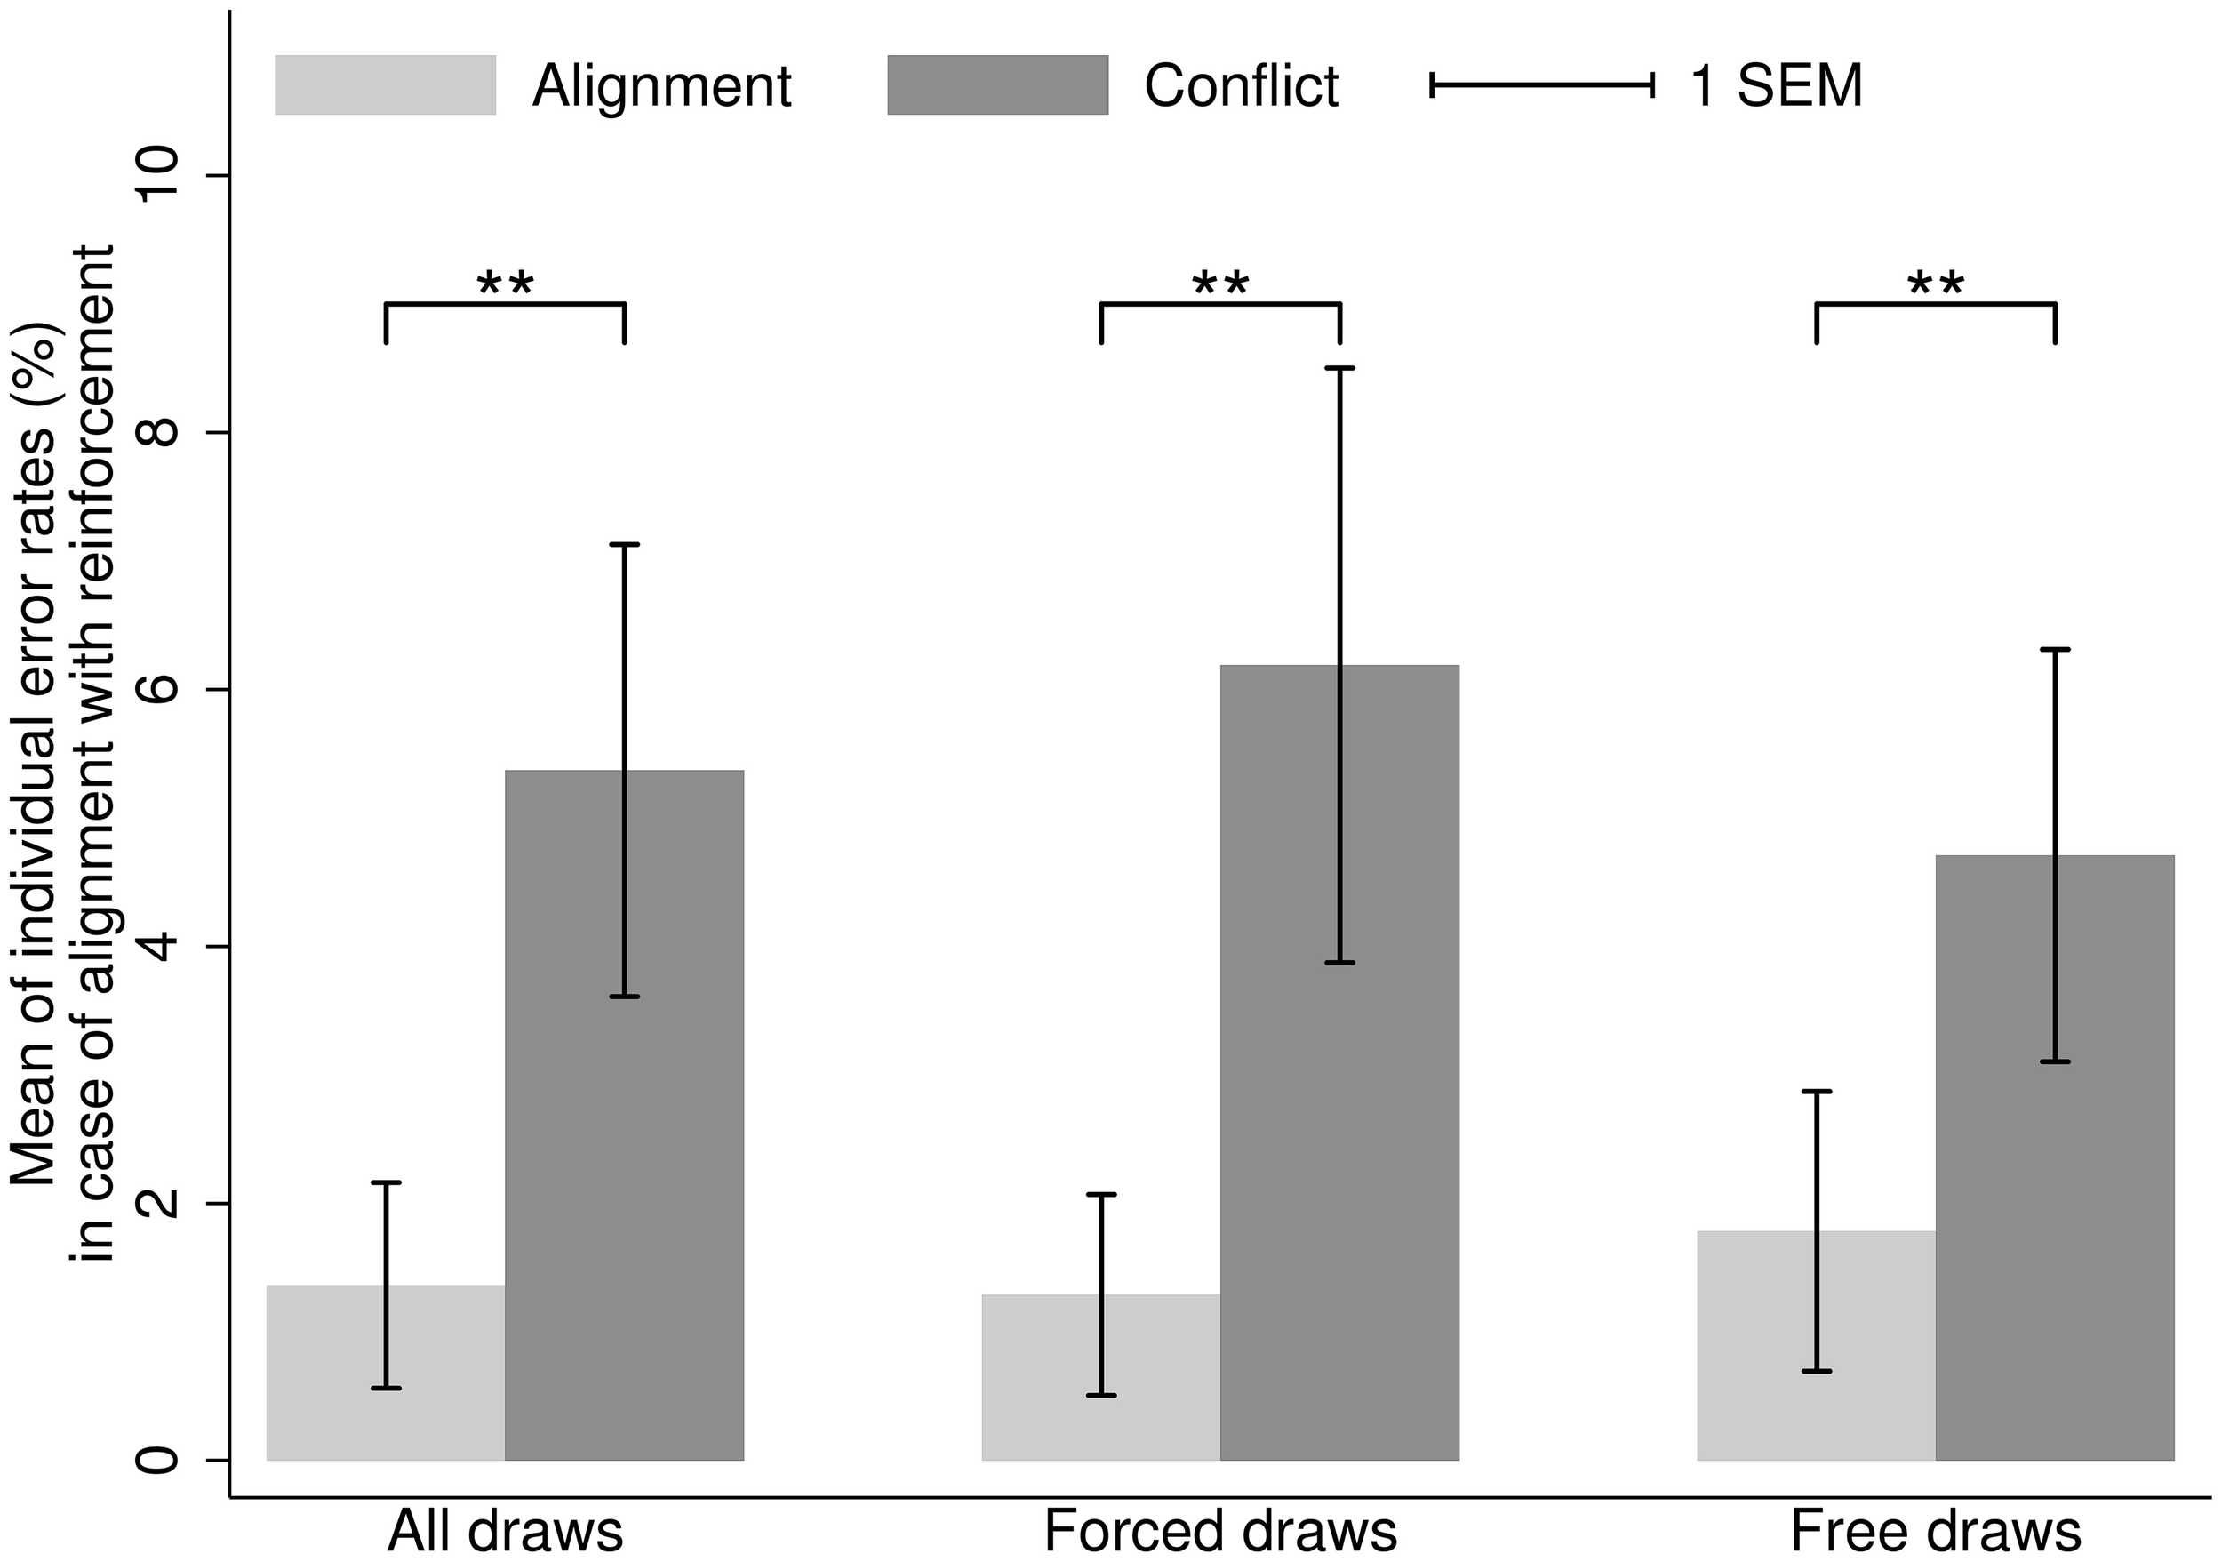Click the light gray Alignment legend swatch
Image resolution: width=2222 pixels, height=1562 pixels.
tap(385, 85)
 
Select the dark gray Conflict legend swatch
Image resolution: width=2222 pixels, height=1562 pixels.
tap(997, 85)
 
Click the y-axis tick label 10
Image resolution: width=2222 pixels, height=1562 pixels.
tap(161, 175)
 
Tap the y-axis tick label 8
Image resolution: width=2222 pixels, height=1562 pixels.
tap(161, 433)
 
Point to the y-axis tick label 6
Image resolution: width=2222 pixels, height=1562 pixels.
tap(161, 689)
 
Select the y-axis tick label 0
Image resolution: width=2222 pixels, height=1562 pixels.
tap(161, 1460)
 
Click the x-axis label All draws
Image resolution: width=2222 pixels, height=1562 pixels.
tap(505, 1532)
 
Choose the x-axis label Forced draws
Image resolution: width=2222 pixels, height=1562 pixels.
tap(1220, 1532)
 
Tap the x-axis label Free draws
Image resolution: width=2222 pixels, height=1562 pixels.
tap(1936, 1532)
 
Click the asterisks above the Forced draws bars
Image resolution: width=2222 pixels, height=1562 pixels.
tap(1220, 284)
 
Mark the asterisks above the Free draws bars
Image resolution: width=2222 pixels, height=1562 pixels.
tap(1936, 284)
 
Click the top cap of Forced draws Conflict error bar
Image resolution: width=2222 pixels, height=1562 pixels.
tap(1339, 369)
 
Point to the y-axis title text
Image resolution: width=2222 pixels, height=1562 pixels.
tap(63, 755)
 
